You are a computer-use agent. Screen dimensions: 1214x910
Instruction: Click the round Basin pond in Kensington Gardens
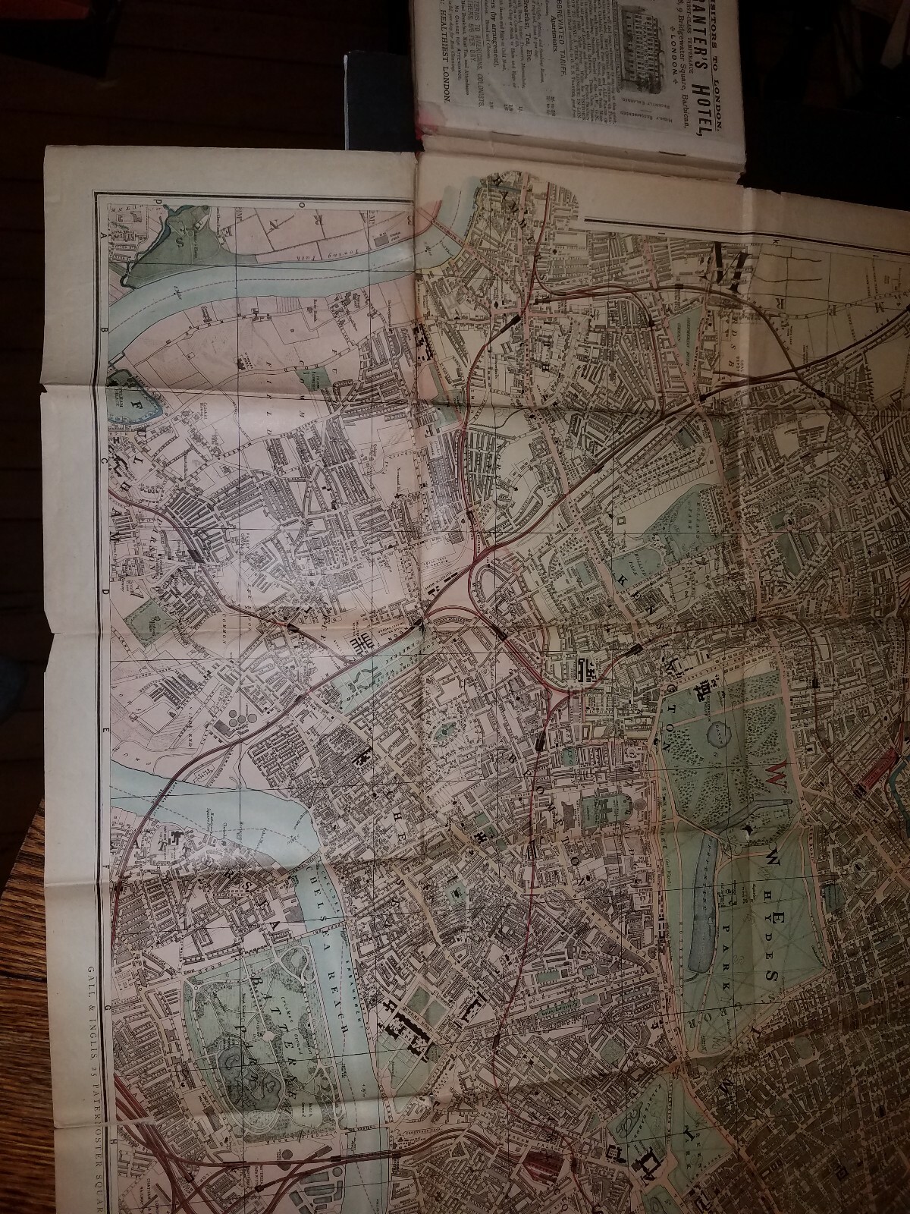717,733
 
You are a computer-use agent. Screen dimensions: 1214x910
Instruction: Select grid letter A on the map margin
102,236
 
